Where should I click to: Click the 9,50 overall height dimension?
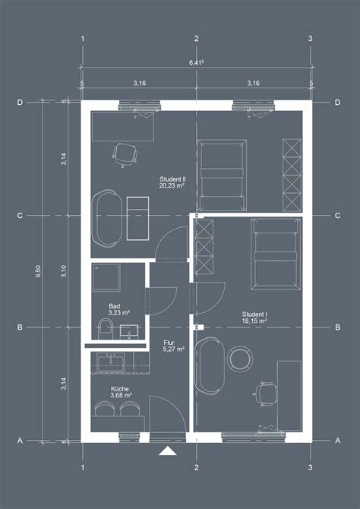[x=39, y=271]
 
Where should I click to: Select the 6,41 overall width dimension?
[x=197, y=62]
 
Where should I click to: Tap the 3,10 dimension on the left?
[x=64, y=271]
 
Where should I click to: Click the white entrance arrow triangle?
[x=168, y=451]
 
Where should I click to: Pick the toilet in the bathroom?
[x=105, y=329]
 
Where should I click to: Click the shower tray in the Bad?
[x=106, y=277]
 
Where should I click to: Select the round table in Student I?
[x=240, y=359]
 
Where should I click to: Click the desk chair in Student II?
[x=125, y=155]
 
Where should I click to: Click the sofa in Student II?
[x=107, y=218]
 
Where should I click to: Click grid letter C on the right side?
[x=338, y=216]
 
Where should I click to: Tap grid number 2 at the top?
[x=196, y=39]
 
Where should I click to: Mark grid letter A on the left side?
[x=20, y=441]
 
